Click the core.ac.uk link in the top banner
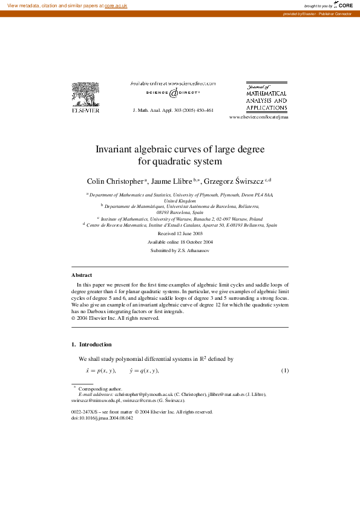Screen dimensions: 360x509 [x=116, y=5]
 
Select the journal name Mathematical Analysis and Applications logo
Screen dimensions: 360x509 [x=266, y=97]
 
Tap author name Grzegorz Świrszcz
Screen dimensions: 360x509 [x=233, y=181]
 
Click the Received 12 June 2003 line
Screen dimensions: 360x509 [x=180, y=233]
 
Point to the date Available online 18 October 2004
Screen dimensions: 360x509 [x=180, y=242]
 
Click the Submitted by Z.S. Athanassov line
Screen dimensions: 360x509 [x=180, y=250]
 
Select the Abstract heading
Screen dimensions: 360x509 [x=82, y=275]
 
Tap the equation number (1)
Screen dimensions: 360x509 [x=284, y=370]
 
